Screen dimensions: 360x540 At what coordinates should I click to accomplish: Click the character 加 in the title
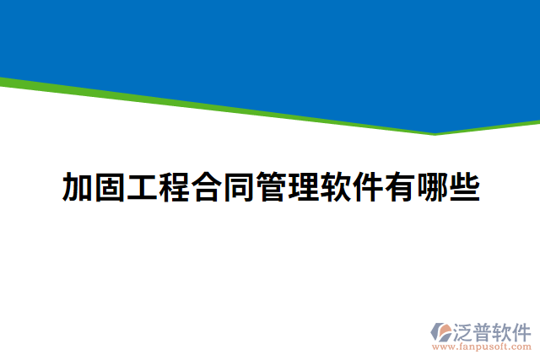click(77, 187)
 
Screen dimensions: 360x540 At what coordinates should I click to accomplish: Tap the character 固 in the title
click(109, 187)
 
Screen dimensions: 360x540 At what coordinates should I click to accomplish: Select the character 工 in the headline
click(141, 187)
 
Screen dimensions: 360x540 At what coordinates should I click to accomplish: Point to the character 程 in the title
click(174, 187)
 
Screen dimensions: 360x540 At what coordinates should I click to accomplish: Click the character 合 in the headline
click(206, 187)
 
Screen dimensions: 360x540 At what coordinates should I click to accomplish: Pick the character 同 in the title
click(238, 187)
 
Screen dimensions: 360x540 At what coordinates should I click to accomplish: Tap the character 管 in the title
click(270, 187)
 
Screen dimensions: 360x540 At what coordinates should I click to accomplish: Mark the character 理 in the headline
click(302, 187)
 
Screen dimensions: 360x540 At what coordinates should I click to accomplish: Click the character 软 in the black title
click(334, 187)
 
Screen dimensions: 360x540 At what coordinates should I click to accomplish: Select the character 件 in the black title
click(366, 187)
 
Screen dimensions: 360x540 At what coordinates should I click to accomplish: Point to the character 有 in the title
click(398, 187)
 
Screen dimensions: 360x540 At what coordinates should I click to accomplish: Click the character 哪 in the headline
click(431, 187)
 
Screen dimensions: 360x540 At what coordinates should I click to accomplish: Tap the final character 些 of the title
click(463, 187)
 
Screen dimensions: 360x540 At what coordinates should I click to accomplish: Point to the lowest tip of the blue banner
click(435, 132)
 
